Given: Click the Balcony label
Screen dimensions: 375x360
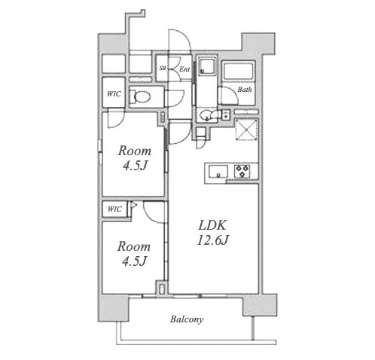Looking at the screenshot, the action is tap(187, 319).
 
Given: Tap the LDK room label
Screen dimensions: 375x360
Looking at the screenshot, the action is tap(212, 225).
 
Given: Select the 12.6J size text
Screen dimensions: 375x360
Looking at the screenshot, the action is tap(213, 240).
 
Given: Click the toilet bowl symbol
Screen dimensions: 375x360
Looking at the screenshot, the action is tap(140, 96).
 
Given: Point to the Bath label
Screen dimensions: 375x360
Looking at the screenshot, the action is tap(245, 90).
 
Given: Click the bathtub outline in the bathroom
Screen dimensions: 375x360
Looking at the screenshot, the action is tap(238, 72).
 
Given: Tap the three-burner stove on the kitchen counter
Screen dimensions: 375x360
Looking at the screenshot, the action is tap(242, 171).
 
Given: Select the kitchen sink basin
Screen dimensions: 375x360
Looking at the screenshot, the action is tap(218, 171).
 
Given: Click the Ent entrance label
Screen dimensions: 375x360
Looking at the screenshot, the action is tap(184, 69).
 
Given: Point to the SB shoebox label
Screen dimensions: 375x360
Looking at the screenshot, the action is tap(163, 68).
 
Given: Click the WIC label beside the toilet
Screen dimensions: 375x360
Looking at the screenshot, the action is tap(114, 94).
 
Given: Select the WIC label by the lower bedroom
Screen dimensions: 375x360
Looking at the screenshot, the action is tap(114, 209).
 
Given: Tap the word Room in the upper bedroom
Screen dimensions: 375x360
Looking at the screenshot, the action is tap(135, 151).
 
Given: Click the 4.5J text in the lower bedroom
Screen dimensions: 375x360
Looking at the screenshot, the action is tap(134, 261).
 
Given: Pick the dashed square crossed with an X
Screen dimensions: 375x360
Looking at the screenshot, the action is tap(246, 129).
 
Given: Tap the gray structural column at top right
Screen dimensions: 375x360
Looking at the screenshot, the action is tap(258, 43).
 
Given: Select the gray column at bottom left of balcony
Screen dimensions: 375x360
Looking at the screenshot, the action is tap(114, 308).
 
